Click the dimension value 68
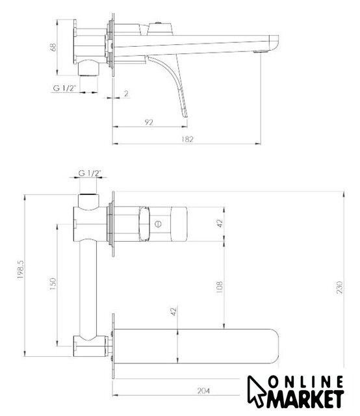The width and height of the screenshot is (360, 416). point(54,47)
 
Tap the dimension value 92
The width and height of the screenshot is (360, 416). point(149,122)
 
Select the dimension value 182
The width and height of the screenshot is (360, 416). point(188,139)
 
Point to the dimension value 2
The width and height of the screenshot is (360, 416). point(126,94)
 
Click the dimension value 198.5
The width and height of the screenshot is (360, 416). point(21,269)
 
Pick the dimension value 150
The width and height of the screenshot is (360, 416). point(53,283)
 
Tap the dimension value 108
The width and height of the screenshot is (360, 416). point(220,287)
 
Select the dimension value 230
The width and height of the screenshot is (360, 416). point(339,287)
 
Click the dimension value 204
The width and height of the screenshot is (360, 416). point(203,391)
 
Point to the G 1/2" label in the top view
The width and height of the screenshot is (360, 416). point(65,88)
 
